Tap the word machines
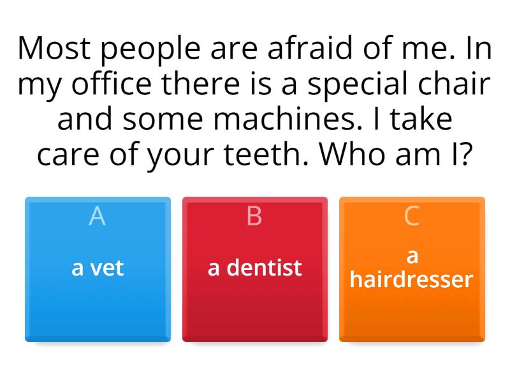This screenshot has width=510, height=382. pyautogui.click(x=293, y=119)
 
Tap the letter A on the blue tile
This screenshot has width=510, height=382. pyautogui.click(x=97, y=216)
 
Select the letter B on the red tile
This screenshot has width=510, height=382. pyautogui.click(x=254, y=216)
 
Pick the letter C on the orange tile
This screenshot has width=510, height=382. pyautogui.click(x=412, y=216)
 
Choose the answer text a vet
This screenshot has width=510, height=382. pyautogui.click(x=98, y=268)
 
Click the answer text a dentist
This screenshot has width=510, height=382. pyautogui.click(x=254, y=268)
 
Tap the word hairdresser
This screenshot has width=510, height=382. pyautogui.click(x=412, y=279)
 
